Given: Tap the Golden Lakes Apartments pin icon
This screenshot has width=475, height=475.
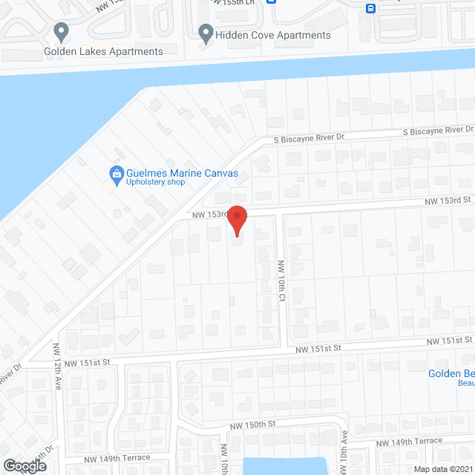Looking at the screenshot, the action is [x=62, y=33].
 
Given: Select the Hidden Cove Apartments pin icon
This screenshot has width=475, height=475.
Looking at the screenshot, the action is [x=206, y=33].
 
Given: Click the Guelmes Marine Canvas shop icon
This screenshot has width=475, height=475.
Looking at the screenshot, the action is [x=116, y=174].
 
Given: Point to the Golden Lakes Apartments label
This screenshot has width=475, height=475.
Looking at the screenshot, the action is [x=103, y=51].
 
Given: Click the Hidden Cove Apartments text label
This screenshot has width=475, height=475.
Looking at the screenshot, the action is [x=272, y=35].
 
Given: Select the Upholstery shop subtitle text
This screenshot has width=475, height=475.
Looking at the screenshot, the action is [x=155, y=183].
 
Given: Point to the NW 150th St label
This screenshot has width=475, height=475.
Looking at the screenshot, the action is [x=252, y=424].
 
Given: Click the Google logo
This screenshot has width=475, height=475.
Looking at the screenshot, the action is [x=24, y=466].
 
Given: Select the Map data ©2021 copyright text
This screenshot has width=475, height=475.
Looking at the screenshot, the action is [x=442, y=469].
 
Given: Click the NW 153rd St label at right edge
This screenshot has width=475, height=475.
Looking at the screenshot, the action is [x=448, y=200].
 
